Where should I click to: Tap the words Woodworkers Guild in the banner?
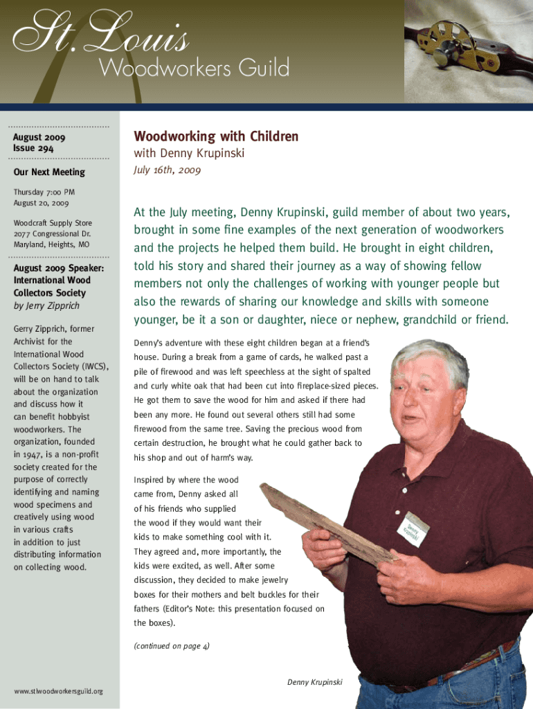tap(193, 69)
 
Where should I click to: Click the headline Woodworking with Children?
tap(216, 136)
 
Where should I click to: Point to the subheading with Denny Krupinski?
tap(189, 154)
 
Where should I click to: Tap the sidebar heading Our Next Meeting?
tap(49, 172)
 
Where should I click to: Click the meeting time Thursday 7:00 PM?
tap(44, 192)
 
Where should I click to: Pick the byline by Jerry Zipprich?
tap(46, 305)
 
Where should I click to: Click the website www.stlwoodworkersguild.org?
tap(58, 691)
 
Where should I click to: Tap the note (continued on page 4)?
tap(172, 646)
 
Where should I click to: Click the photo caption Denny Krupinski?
tap(314, 683)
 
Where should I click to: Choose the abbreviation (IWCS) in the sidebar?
tap(91, 366)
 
